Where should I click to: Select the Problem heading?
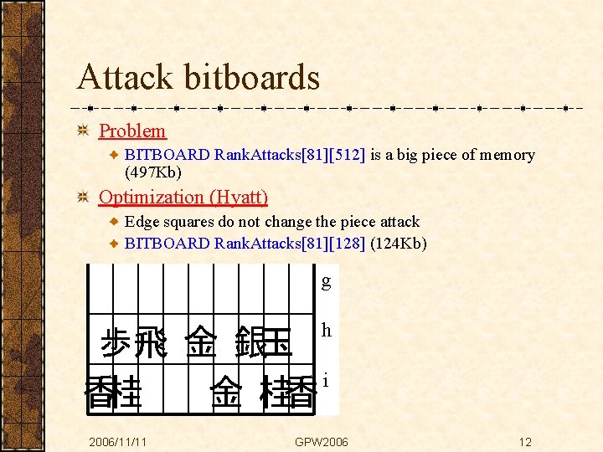point(132,131)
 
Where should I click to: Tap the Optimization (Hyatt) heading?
point(183,198)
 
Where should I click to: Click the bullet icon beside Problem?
point(82,131)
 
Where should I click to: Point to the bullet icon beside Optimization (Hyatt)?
point(82,198)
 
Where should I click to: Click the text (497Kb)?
point(153,172)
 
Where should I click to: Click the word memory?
point(505,155)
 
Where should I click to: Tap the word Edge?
point(142,222)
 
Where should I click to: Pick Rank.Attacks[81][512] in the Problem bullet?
point(290,155)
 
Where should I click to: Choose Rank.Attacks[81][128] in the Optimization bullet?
point(290,244)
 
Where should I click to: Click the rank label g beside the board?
point(326,281)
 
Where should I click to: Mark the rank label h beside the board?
point(326,331)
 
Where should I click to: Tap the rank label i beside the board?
point(326,380)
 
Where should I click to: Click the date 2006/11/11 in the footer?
point(118,442)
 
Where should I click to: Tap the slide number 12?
point(525,442)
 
